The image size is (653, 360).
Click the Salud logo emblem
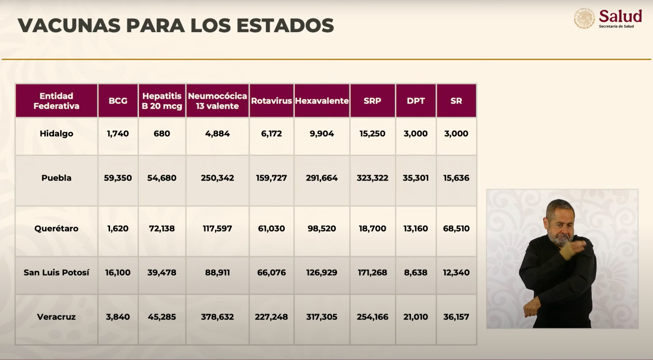coord(585,19)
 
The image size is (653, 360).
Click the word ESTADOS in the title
coord(285,26)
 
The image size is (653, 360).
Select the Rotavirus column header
coord(271,101)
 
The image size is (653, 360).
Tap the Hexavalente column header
coord(322,101)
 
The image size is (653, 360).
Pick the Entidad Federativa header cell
coord(56,101)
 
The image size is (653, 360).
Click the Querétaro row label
coord(56,228)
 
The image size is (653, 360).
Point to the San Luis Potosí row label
coord(56,272)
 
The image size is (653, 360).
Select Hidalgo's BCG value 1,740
coord(118,134)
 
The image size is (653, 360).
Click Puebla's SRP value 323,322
coord(372,178)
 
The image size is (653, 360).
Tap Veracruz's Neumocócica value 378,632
coord(217,317)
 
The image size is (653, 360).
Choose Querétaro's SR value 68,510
coord(456,228)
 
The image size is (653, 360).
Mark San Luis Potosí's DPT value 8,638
coord(415,272)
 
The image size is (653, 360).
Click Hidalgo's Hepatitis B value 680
coord(162,134)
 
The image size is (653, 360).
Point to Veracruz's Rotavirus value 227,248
coord(271,317)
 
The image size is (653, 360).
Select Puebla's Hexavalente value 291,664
coord(322,178)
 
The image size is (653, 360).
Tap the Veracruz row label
coord(56,317)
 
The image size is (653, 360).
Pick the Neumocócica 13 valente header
coord(217,101)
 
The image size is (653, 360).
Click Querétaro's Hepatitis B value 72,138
coord(162,228)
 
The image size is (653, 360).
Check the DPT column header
coord(415,101)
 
